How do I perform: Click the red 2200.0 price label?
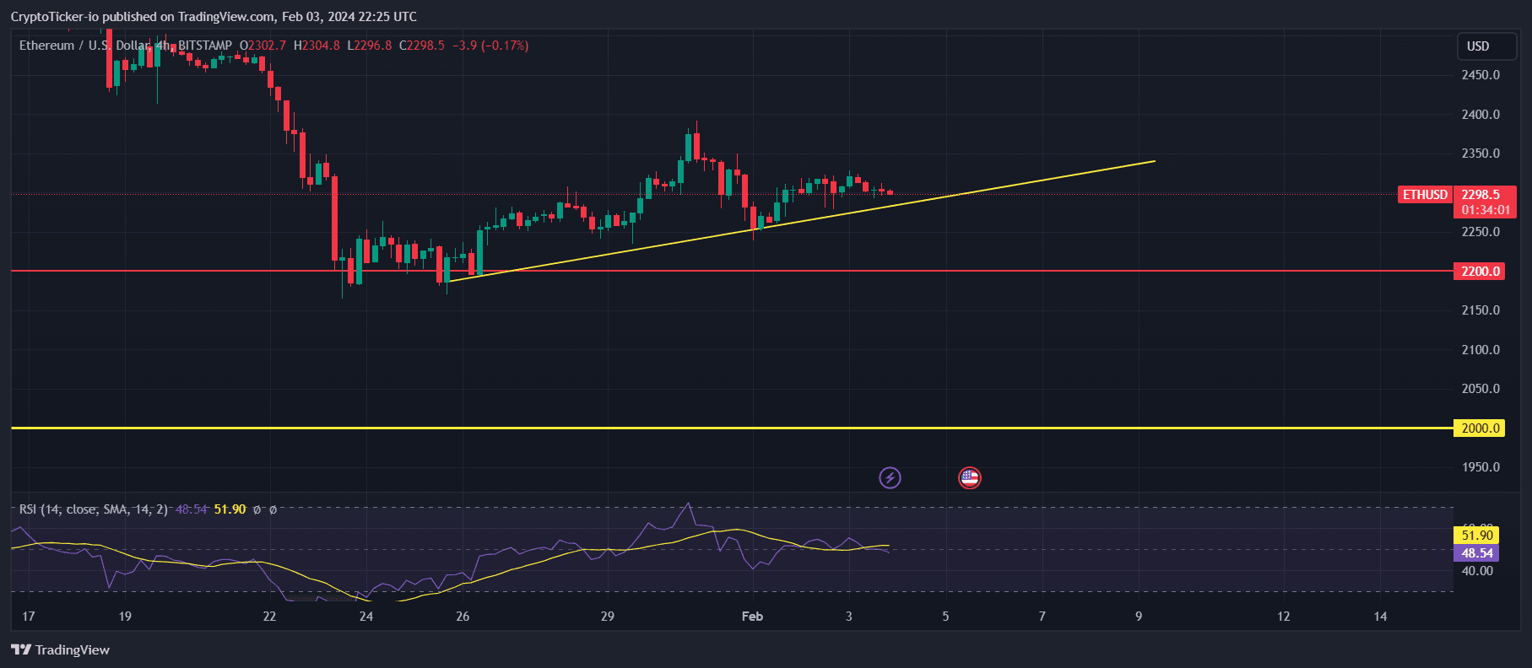pyautogui.click(x=1481, y=272)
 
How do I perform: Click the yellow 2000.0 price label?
pyautogui.click(x=1481, y=428)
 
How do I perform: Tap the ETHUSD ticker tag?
pyautogui.click(x=1425, y=195)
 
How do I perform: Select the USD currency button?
pyautogui.click(x=1478, y=46)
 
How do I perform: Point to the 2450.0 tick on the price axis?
pyautogui.click(x=1481, y=75)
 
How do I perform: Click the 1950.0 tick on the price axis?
pyautogui.click(x=1481, y=467)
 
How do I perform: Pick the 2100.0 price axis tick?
pyautogui.click(x=1481, y=350)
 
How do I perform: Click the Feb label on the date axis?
pyautogui.click(x=752, y=617)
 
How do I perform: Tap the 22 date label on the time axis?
pyautogui.click(x=269, y=617)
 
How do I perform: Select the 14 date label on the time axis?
pyautogui.click(x=1380, y=617)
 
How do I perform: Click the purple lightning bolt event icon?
pyautogui.click(x=890, y=478)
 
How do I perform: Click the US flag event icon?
pyautogui.click(x=969, y=478)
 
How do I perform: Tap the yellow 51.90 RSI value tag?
pyautogui.click(x=1477, y=536)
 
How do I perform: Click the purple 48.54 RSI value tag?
pyautogui.click(x=1477, y=553)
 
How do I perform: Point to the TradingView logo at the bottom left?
pyautogui.click(x=61, y=649)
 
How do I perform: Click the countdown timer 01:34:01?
pyautogui.click(x=1486, y=210)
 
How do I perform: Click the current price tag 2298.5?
pyautogui.click(x=1481, y=195)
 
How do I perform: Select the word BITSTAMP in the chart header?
pyautogui.click(x=204, y=46)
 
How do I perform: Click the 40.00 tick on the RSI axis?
pyautogui.click(x=1477, y=571)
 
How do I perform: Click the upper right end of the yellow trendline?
pyautogui.click(x=1154, y=161)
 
